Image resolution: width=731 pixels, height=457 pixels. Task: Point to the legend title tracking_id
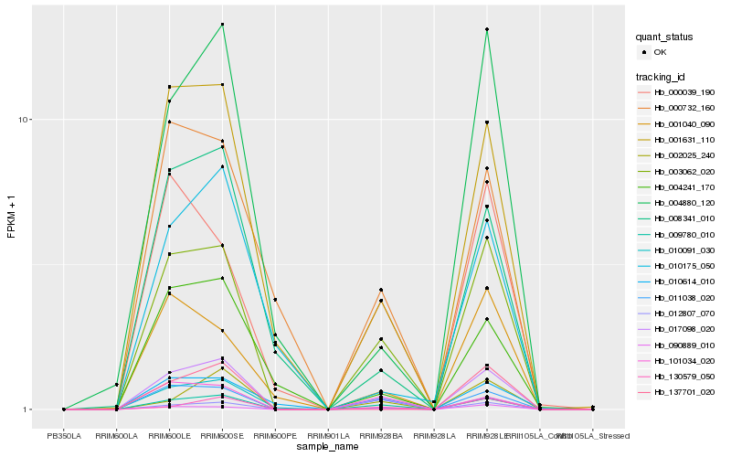pyautogui.click(x=664, y=76)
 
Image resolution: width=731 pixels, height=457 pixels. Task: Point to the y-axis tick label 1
pyautogui.click(x=30, y=409)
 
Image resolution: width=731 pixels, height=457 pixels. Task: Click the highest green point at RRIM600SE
pyautogui.click(x=222, y=24)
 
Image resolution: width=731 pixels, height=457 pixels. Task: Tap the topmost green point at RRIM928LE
pyautogui.click(x=487, y=29)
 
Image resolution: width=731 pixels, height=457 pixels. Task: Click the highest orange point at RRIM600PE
pyautogui.click(x=275, y=300)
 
